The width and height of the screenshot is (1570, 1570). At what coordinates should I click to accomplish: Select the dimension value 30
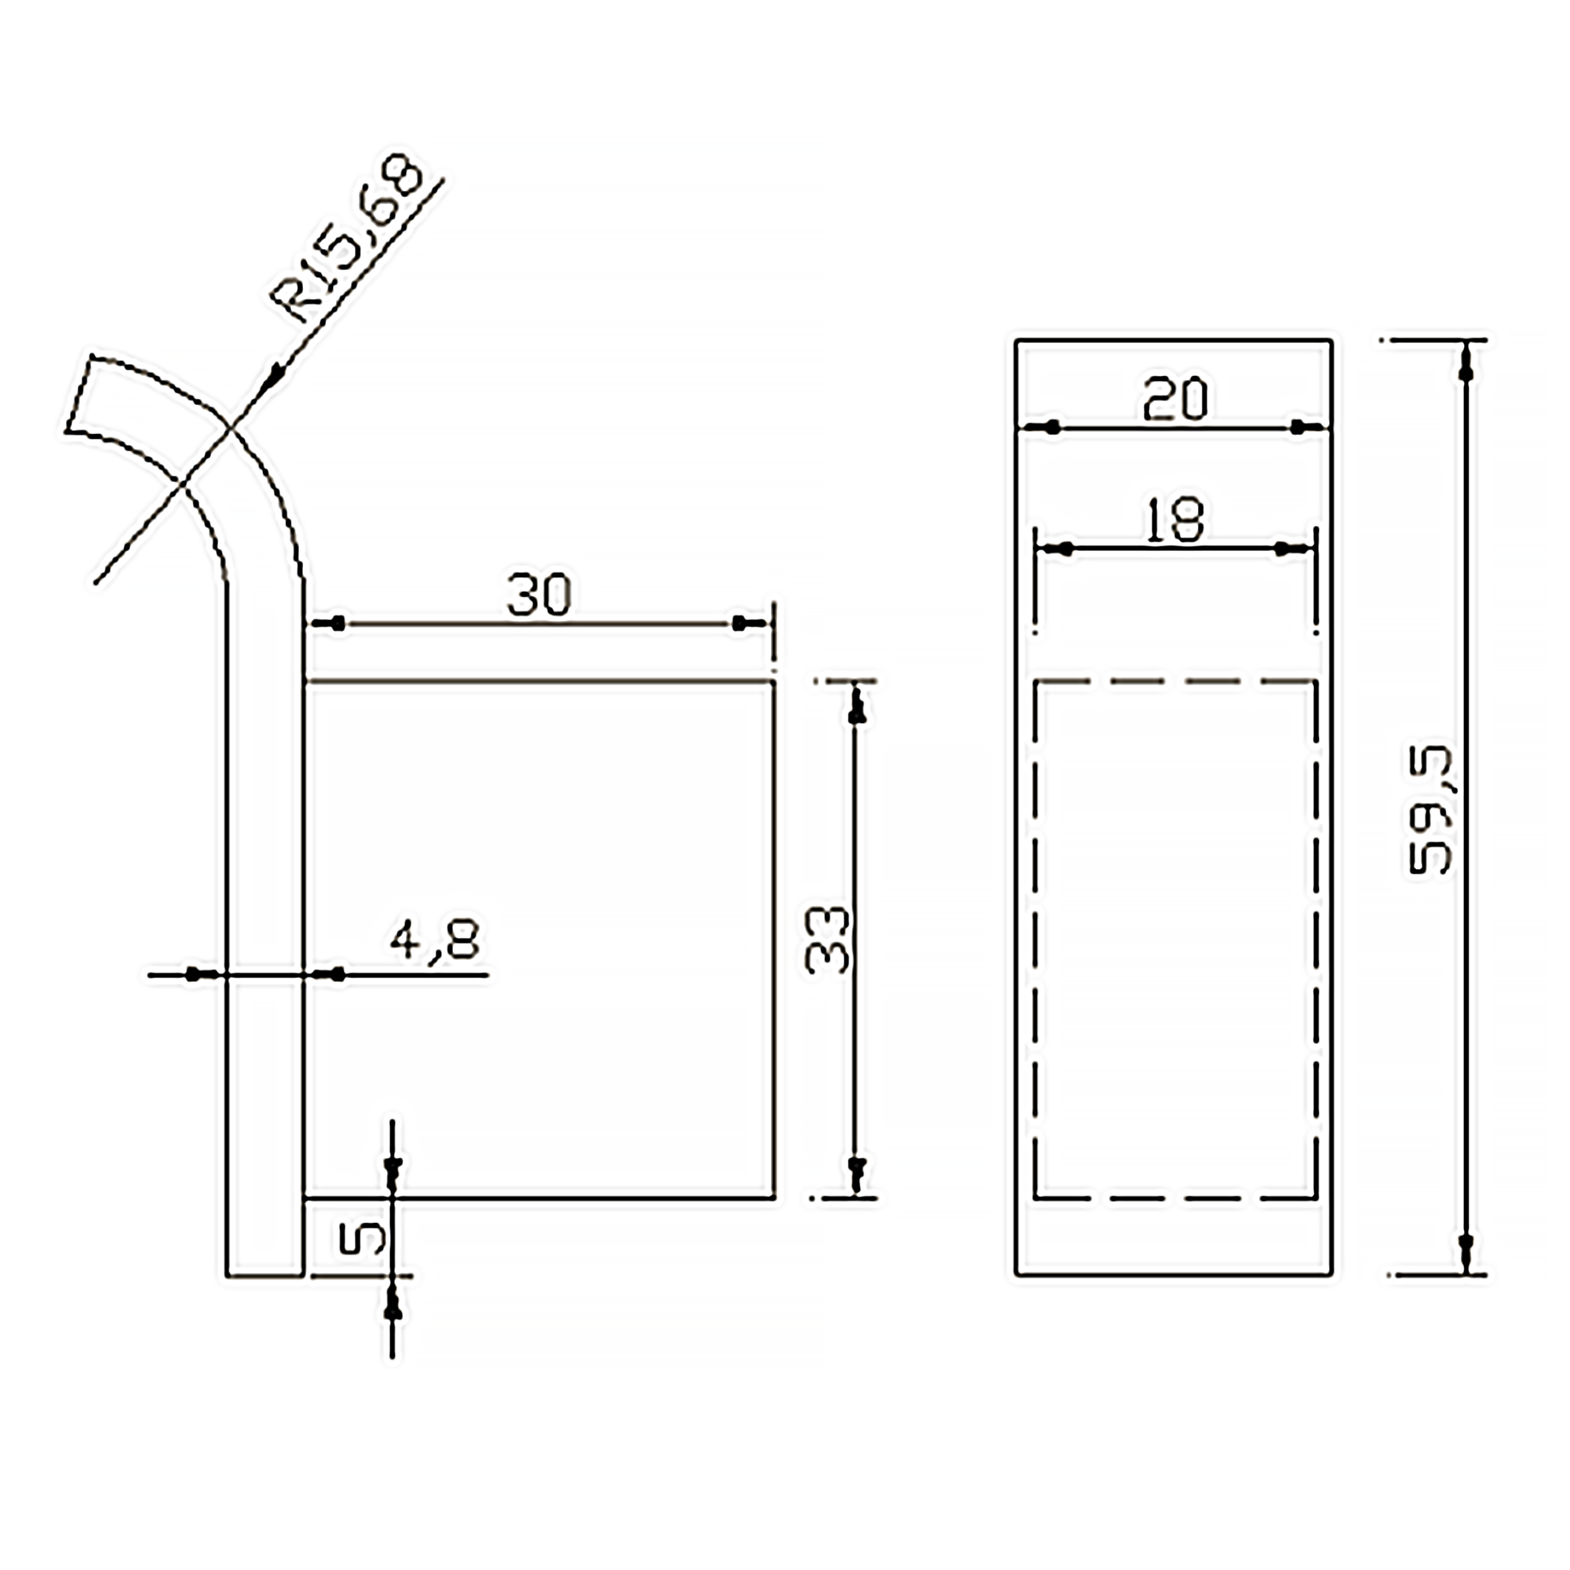point(539,595)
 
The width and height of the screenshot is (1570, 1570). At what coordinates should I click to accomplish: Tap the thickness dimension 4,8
point(435,941)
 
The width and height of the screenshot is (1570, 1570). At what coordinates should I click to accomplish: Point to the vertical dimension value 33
point(827,941)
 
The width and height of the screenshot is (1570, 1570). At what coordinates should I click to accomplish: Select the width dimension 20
point(1175,399)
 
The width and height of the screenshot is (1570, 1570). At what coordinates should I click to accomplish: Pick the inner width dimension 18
point(1175,520)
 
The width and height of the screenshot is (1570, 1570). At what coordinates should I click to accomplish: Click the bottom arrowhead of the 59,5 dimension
point(1466,1249)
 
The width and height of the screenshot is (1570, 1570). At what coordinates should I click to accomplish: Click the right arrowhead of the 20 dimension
point(1302,426)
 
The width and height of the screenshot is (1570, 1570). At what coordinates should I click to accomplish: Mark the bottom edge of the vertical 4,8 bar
point(265,1276)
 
